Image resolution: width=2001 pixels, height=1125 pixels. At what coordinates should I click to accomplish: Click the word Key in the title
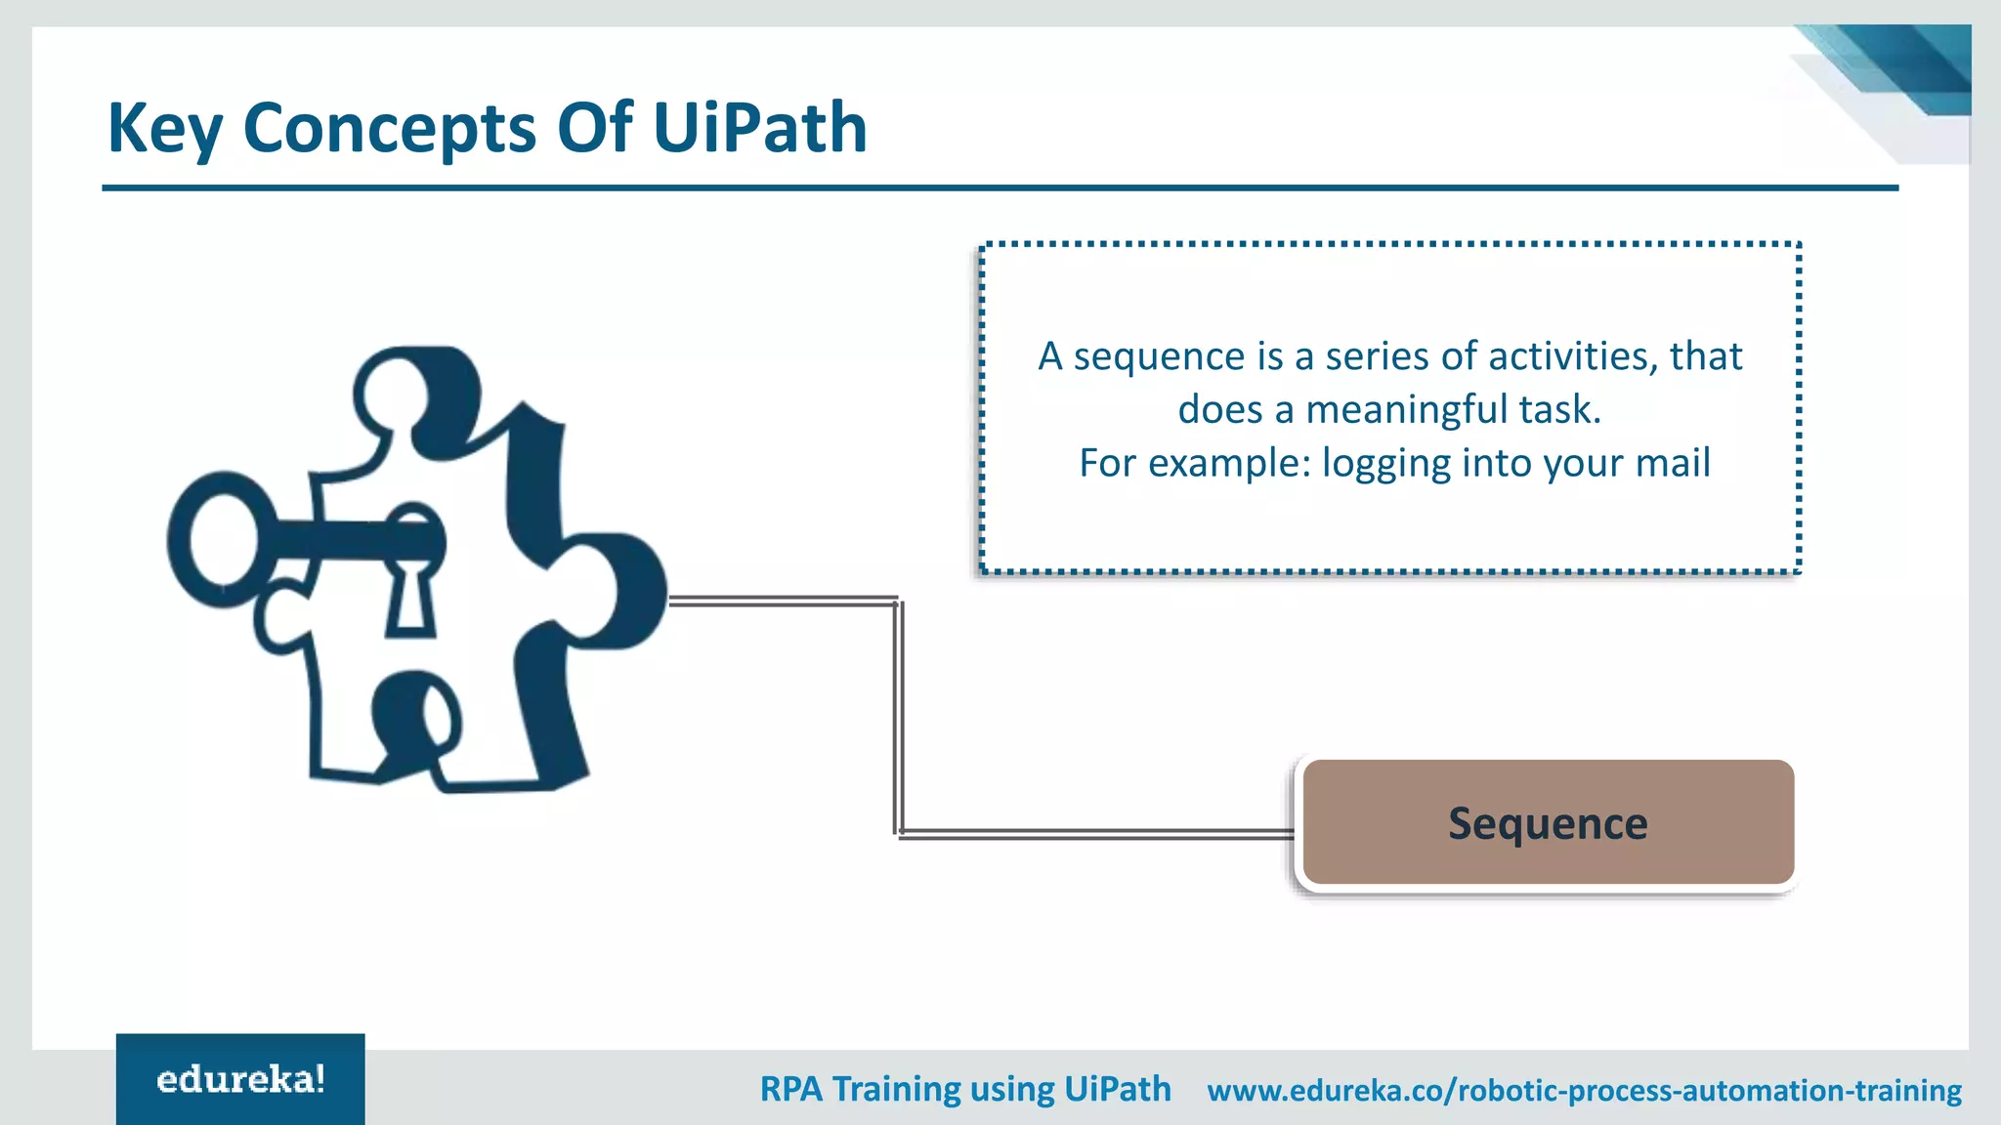[164, 129]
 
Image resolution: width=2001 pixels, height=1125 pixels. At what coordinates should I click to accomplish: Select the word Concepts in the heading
[389, 129]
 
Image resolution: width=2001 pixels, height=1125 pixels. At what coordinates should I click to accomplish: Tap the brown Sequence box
[1548, 822]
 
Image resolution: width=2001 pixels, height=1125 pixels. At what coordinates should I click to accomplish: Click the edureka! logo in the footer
[240, 1079]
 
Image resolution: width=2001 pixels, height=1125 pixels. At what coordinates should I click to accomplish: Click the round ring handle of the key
[223, 540]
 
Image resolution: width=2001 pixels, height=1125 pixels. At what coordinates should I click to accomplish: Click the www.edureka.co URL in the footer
[1584, 1090]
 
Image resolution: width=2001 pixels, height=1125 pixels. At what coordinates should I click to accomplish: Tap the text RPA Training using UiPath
[965, 1089]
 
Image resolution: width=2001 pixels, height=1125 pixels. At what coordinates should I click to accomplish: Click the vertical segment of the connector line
[898, 718]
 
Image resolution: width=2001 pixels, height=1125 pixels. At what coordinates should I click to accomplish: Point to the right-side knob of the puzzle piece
[635, 591]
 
